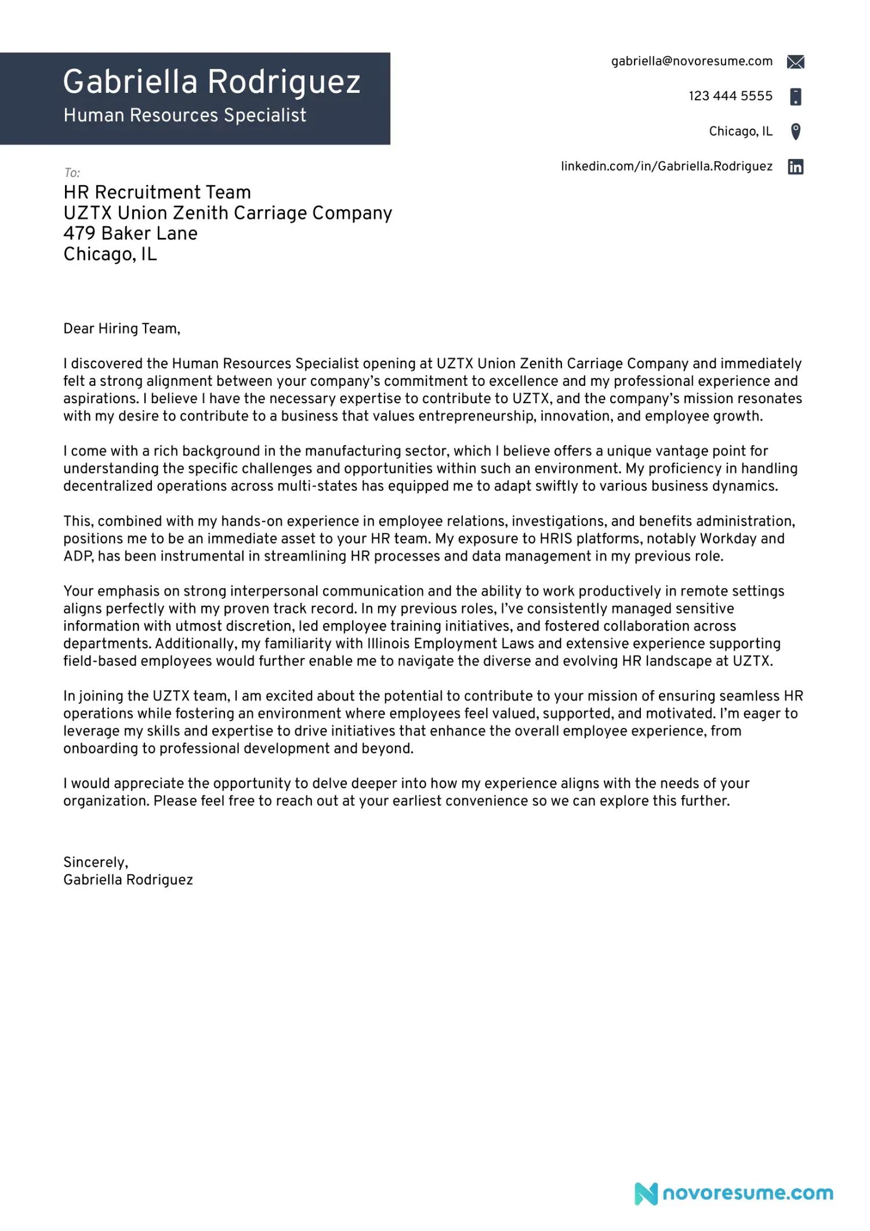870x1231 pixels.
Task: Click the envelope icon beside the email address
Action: [x=795, y=62]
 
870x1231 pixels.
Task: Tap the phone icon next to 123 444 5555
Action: [x=796, y=97]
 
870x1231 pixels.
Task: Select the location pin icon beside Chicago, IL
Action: [x=796, y=132]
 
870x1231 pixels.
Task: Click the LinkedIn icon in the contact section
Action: [x=795, y=167]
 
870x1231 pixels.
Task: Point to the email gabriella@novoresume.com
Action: [x=691, y=61]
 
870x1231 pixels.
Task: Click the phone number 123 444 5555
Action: [x=730, y=96]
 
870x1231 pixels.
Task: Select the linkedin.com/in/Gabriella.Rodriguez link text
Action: [x=666, y=166]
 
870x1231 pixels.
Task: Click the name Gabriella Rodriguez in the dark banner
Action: [x=212, y=82]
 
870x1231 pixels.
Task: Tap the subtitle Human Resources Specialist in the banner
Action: [x=184, y=115]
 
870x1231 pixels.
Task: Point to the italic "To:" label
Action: [x=72, y=173]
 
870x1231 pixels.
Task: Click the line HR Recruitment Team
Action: [x=157, y=193]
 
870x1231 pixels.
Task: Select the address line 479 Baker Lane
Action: [x=130, y=234]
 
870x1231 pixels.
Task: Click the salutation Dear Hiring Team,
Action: [x=122, y=329]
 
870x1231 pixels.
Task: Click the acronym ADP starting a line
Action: [x=77, y=556]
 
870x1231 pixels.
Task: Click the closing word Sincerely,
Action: [x=96, y=863]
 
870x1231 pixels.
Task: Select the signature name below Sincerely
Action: [x=128, y=880]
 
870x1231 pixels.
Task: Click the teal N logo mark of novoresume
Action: [x=646, y=1194]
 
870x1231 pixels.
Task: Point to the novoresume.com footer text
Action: [x=748, y=1193]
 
